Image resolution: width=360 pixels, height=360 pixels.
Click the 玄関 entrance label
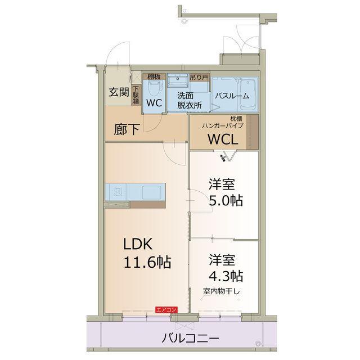point(119,92)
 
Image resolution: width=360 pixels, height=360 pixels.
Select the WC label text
point(154,103)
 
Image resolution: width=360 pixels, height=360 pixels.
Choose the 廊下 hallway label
point(127,129)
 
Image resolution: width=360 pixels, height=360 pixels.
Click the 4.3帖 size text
point(227,276)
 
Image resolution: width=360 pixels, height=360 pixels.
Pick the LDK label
point(138,244)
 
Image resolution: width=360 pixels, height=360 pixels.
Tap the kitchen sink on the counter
point(152,192)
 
